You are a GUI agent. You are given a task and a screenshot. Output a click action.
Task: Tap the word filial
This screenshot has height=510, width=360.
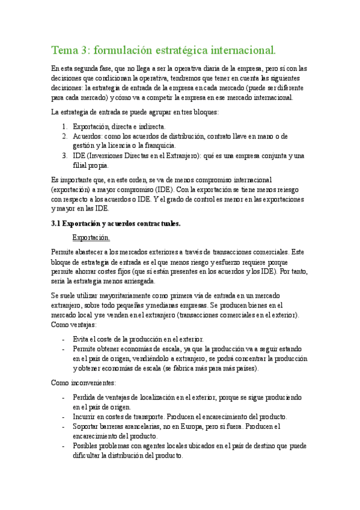point(81,165)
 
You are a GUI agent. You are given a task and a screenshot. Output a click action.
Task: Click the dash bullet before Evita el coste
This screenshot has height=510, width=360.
point(64,339)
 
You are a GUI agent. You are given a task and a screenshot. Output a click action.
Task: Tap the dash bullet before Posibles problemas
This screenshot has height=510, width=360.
point(64,446)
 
